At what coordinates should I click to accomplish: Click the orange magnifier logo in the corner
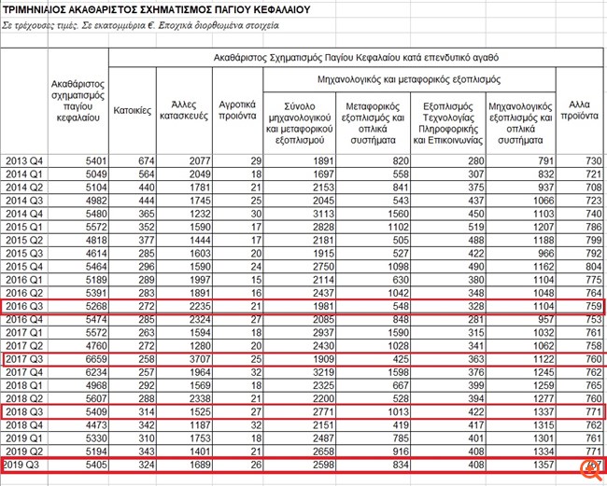pyautogui.click(x=590, y=469)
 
